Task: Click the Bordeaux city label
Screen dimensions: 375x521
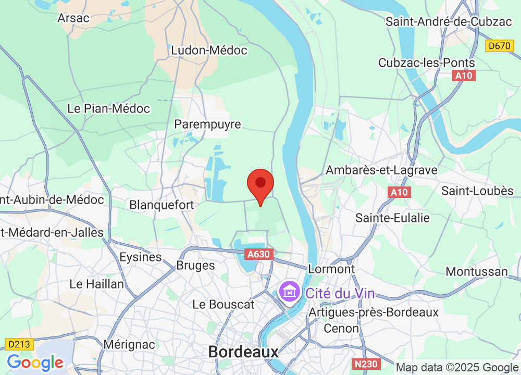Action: click(243, 352)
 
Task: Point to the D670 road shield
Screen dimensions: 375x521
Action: click(500, 46)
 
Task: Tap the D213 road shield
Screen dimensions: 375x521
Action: click(20, 344)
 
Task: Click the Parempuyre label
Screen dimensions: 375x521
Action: click(208, 124)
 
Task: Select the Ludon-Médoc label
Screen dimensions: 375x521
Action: click(209, 51)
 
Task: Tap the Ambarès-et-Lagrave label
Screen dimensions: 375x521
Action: click(381, 170)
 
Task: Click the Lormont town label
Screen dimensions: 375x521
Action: click(331, 269)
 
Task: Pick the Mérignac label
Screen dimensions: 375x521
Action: click(129, 344)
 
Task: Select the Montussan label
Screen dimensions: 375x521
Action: click(477, 271)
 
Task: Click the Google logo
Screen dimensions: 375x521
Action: click(35, 362)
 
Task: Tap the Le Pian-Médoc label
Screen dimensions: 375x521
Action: click(109, 109)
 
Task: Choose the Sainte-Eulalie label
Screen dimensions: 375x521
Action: click(393, 217)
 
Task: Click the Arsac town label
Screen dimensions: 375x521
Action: click(73, 18)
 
